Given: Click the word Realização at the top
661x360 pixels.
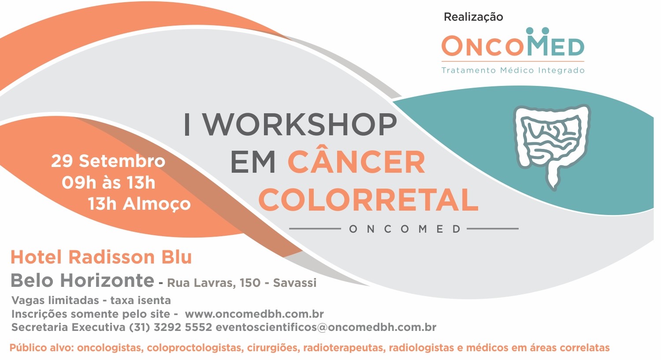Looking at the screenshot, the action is click(x=473, y=17).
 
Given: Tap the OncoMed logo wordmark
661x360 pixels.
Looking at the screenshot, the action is click(x=513, y=42).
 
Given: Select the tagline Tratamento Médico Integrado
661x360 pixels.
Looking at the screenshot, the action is click(x=513, y=70).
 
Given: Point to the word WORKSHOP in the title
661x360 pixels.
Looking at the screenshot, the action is click(x=301, y=125).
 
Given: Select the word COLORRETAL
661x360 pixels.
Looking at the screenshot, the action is click(x=368, y=200).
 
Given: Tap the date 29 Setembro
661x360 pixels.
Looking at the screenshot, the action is click(x=108, y=161).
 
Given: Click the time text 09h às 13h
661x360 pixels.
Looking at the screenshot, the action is click(x=108, y=183).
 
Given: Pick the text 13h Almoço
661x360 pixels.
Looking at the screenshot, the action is click(x=139, y=204).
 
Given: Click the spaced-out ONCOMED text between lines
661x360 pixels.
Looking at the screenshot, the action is click(x=404, y=229).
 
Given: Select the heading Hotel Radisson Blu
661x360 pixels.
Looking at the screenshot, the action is click(x=101, y=257).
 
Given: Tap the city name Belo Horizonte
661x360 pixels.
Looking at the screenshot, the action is click(x=82, y=280).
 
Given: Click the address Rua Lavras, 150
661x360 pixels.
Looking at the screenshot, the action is click(x=214, y=283).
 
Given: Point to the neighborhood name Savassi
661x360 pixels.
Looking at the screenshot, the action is click(x=294, y=283).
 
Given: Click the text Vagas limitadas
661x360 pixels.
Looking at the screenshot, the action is click(x=55, y=301).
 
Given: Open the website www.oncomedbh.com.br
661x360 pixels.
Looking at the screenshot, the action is click(x=254, y=314).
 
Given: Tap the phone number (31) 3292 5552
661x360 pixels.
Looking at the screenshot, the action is click(x=171, y=327).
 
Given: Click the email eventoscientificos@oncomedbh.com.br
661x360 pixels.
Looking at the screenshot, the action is click(x=326, y=327).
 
